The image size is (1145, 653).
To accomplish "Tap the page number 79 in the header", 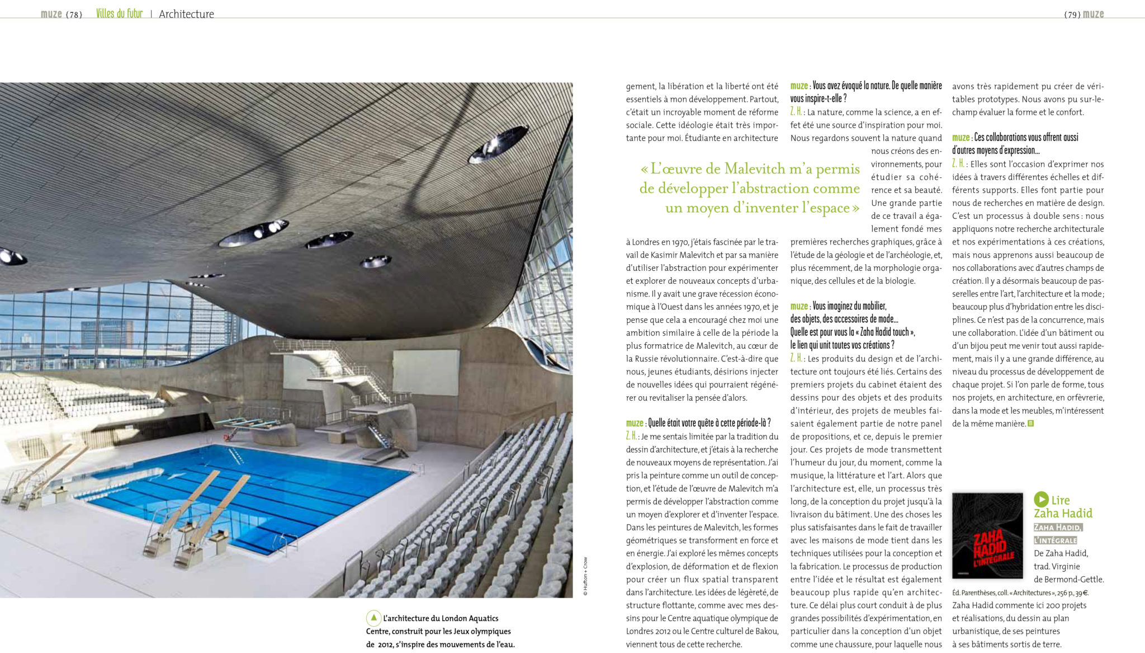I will [1072, 15].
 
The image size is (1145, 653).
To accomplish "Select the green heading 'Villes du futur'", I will [119, 13].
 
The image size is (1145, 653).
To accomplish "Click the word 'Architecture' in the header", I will [186, 14].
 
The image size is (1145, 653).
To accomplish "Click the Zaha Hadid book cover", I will [987, 535].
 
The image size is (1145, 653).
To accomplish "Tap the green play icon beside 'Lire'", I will [1041, 499].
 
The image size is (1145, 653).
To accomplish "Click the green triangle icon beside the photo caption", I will [373, 618].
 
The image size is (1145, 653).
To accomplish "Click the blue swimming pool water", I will [252, 492].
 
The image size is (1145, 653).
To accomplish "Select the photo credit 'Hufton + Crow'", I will [585, 576].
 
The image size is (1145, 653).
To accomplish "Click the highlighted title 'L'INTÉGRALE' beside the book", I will [1055, 541].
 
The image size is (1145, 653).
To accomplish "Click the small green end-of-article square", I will [1031, 424].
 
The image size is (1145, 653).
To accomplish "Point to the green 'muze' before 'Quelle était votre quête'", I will [634, 423].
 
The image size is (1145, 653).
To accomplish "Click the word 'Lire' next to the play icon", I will [1061, 500].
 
